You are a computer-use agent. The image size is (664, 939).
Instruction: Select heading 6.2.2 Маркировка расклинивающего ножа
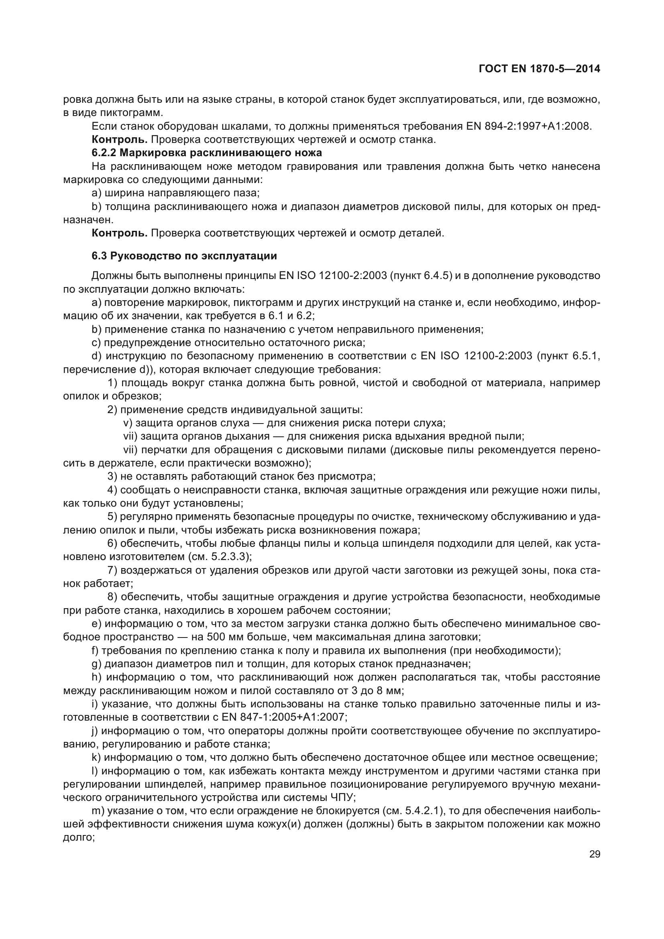pos(206,153)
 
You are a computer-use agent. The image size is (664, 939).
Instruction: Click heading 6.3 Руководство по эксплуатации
pos(184,256)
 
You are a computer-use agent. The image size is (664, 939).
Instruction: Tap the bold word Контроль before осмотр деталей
pos(119,234)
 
